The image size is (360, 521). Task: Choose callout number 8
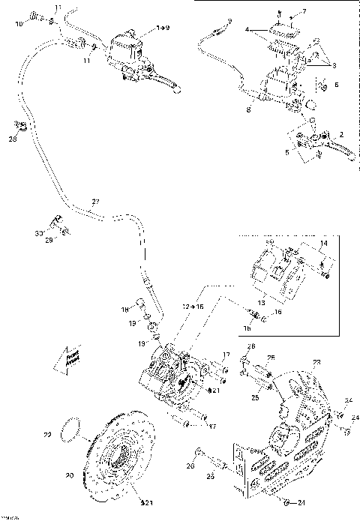(x=248, y=109)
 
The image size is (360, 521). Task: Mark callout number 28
(x=12, y=139)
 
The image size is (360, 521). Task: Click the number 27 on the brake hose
(x=94, y=201)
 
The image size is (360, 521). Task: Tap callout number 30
(x=38, y=234)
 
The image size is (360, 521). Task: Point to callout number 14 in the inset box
(x=323, y=244)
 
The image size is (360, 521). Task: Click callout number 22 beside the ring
(x=48, y=434)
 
